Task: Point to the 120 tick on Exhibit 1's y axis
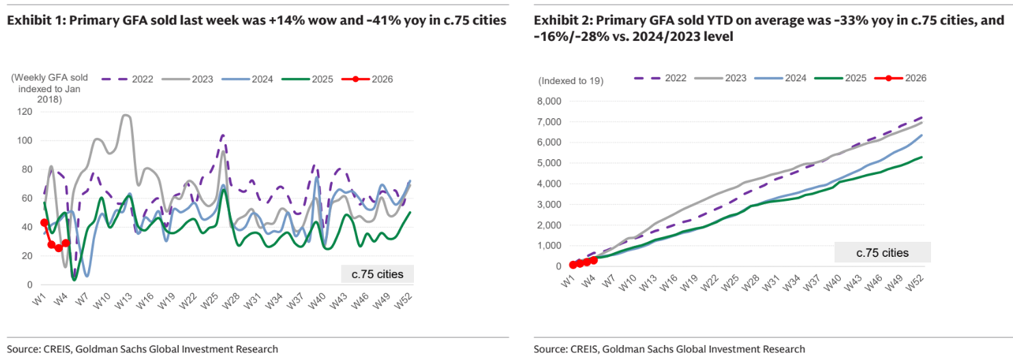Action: [x=26, y=111]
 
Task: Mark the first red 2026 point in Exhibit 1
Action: [x=44, y=223]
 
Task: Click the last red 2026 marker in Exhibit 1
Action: [x=66, y=243]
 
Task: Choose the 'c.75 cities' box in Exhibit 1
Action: [x=377, y=275]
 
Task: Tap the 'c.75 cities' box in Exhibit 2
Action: [x=882, y=253]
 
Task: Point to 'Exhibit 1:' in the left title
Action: [x=31, y=20]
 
